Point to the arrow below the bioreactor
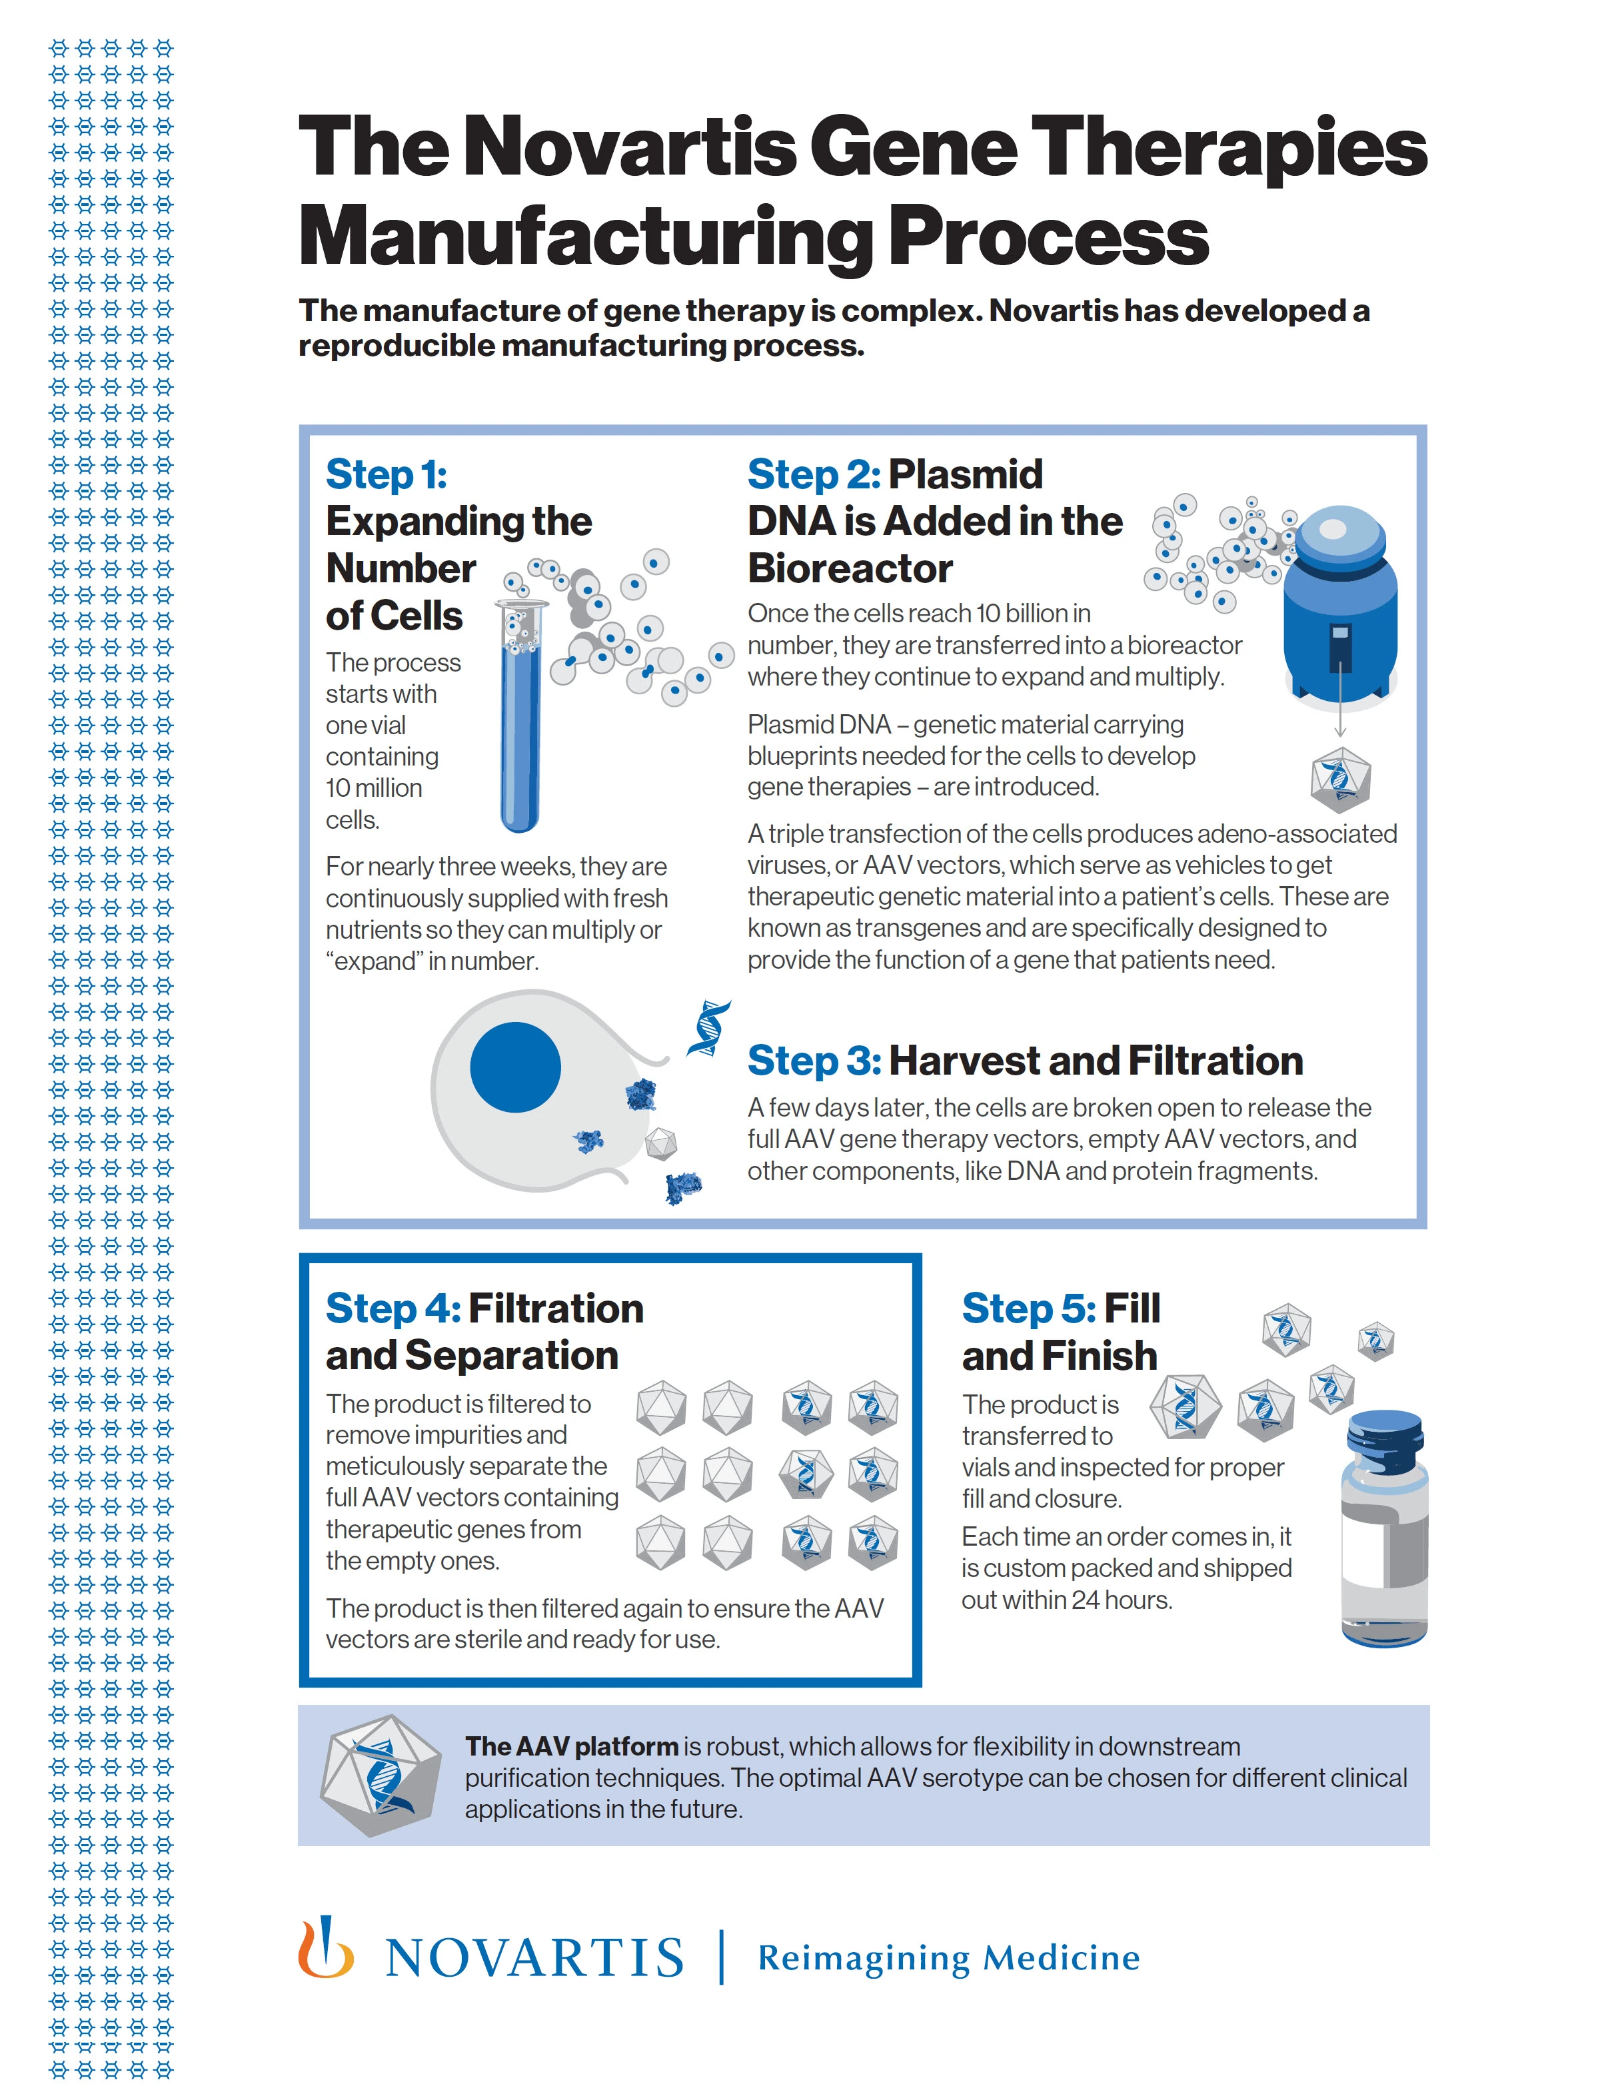1339,706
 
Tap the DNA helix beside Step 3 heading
708,1029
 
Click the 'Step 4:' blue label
393,1308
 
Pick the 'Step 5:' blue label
1029,1308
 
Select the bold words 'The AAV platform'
570,1746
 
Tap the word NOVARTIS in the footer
534,1958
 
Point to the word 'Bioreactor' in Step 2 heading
850,569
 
